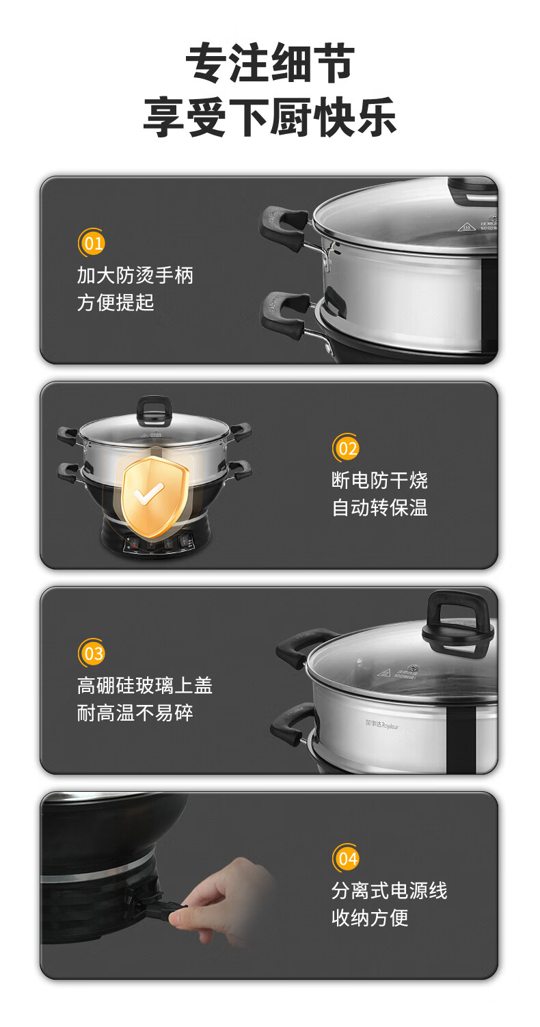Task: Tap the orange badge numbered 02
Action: tap(346, 447)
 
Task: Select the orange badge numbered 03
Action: tap(92, 652)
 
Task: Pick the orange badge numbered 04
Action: tap(346, 857)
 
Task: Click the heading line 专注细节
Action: tap(270, 63)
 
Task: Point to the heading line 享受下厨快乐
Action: tap(270, 117)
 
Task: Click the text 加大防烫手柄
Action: tap(135, 275)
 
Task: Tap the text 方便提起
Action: tap(116, 303)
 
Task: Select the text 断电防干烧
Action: tap(379, 480)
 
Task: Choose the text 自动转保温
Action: tap(379, 507)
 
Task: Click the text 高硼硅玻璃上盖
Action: tap(145, 685)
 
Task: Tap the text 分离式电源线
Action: tap(389, 890)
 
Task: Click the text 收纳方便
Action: tap(370, 918)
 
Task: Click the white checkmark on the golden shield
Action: tap(148, 493)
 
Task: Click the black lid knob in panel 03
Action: tap(457, 619)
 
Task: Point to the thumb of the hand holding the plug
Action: tap(183, 918)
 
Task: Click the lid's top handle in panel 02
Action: tap(154, 410)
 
